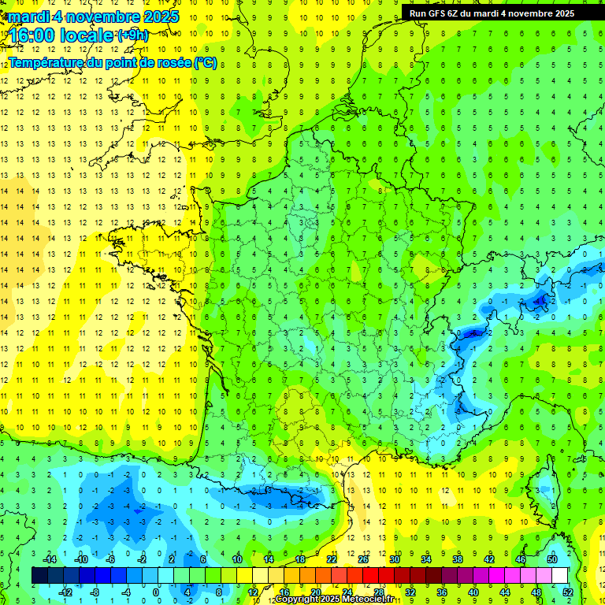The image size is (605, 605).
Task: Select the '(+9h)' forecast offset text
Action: click(x=132, y=35)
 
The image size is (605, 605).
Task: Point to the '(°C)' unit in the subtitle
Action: click(x=205, y=62)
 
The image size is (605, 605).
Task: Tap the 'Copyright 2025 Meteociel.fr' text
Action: click(x=334, y=599)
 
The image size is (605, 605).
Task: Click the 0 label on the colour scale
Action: click(x=156, y=592)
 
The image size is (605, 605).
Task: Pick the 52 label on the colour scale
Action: click(x=568, y=592)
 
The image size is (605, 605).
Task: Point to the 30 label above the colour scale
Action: click(x=393, y=559)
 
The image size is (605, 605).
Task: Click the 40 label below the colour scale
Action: click(x=473, y=592)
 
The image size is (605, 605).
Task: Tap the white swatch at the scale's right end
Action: click(x=560, y=576)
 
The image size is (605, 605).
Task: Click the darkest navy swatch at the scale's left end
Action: click(x=39, y=576)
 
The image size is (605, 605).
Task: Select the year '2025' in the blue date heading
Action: click(x=158, y=17)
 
